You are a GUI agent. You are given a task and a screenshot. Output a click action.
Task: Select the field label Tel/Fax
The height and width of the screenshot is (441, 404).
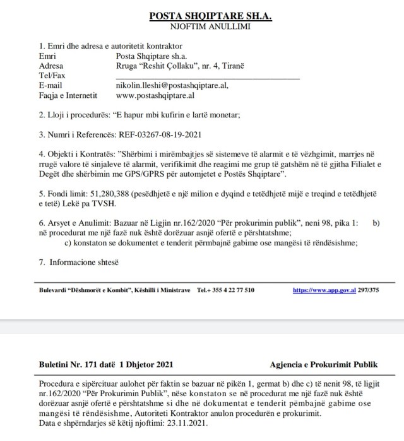tap(52, 76)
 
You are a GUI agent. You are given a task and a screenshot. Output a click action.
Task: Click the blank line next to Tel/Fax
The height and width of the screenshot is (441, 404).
tap(208, 77)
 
